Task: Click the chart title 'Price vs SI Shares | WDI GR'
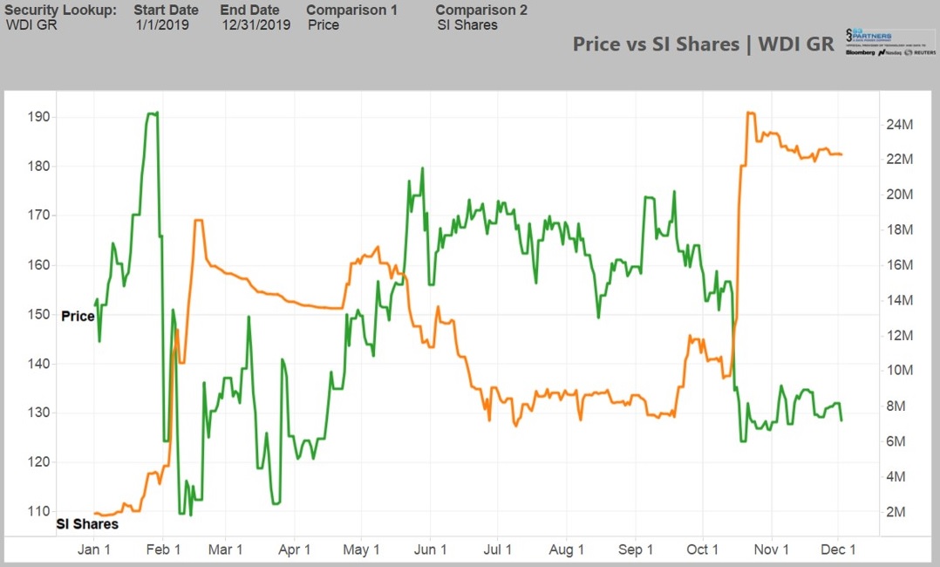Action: click(703, 44)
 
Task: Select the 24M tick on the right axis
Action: click(899, 124)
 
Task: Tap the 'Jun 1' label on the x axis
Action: click(430, 550)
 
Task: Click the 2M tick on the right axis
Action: click(896, 511)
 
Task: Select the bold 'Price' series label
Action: click(78, 316)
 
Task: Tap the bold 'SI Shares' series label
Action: click(87, 524)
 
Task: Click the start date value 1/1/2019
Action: click(162, 24)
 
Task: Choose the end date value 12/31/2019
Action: click(255, 24)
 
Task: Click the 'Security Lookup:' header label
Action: click(60, 10)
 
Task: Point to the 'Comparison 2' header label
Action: click(481, 10)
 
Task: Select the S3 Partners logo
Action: click(889, 41)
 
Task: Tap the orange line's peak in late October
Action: click(749, 113)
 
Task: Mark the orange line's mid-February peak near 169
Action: click(199, 221)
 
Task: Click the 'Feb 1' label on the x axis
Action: click(163, 550)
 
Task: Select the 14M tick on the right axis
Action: click(899, 300)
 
